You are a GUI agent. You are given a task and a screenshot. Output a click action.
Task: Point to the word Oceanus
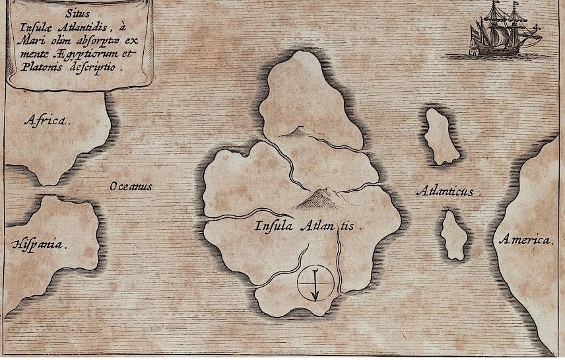point(131,187)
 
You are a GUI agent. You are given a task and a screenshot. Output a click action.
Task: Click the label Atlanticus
point(446,192)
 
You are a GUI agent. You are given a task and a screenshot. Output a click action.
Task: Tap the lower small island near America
point(454,235)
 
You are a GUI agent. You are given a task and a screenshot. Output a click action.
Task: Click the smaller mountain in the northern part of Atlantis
point(294,132)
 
